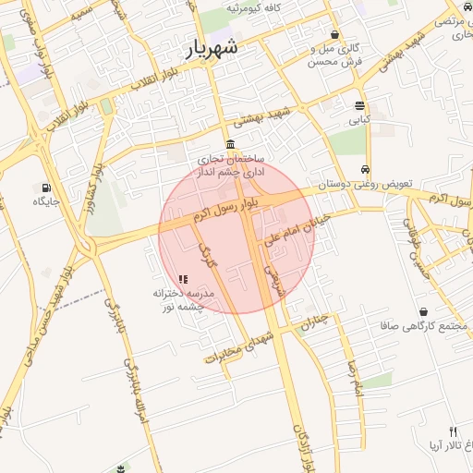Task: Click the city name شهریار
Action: (x=212, y=48)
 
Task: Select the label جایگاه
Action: (x=46, y=200)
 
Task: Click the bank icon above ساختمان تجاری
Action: (x=230, y=143)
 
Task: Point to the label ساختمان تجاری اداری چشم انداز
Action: (x=230, y=164)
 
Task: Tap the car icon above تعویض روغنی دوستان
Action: (x=367, y=170)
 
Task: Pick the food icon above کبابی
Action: (x=358, y=104)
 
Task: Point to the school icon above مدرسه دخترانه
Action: (x=183, y=278)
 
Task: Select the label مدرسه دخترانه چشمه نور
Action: (x=183, y=298)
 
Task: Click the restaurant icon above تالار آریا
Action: (x=453, y=431)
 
